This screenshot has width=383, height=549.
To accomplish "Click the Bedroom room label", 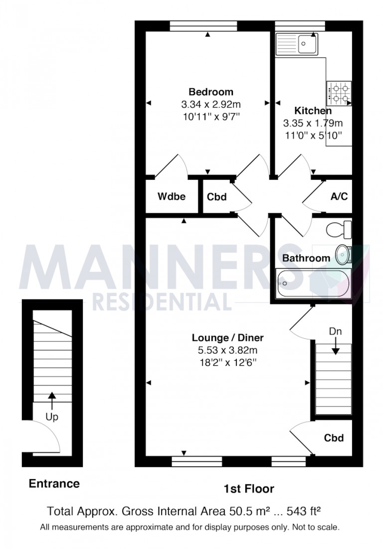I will [x=210, y=92].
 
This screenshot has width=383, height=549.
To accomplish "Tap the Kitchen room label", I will [x=313, y=111].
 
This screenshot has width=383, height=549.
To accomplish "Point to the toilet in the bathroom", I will [x=339, y=230].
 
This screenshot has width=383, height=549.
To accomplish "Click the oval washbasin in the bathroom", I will [x=343, y=254].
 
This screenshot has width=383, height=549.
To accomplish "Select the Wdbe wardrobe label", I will [x=172, y=197].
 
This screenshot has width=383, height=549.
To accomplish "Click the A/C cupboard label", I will [x=339, y=197].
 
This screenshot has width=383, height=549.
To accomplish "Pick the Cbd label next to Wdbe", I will [x=217, y=197].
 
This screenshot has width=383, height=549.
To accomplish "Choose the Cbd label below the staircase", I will [x=334, y=438].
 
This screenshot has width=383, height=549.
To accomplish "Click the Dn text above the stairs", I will [x=335, y=331].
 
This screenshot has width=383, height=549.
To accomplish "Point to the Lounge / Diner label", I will [x=227, y=338].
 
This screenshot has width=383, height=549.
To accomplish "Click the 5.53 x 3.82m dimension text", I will [x=227, y=350].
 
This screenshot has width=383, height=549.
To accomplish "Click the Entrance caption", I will [x=54, y=483].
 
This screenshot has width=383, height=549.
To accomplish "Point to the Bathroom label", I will [x=306, y=258].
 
